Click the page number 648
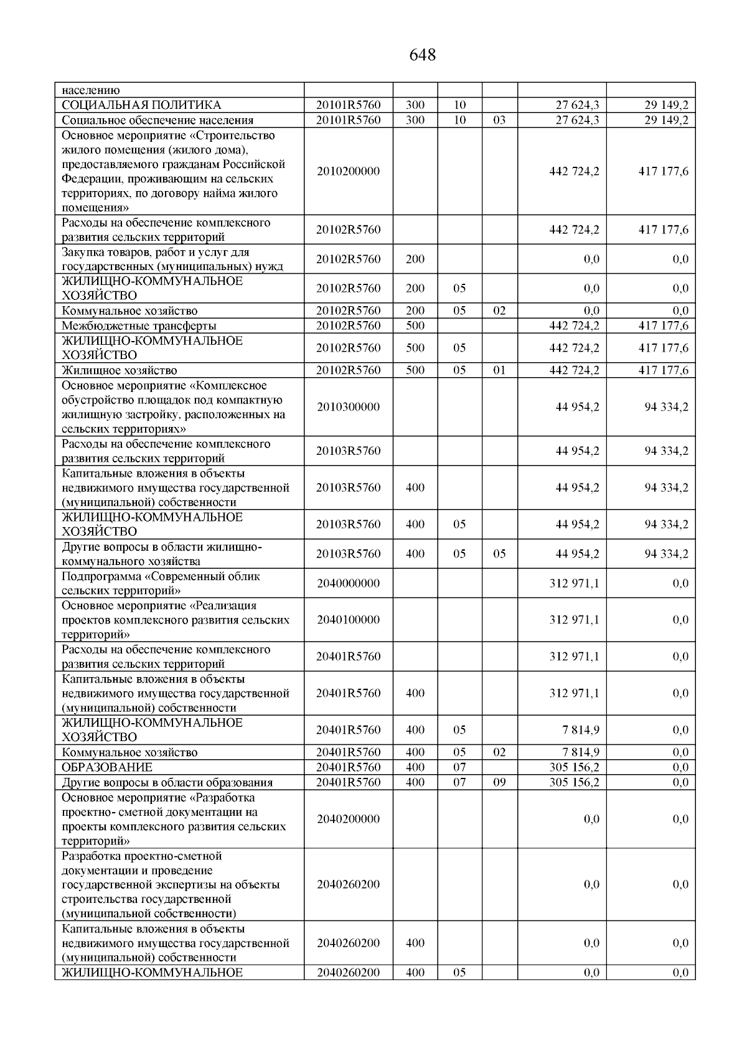click(x=423, y=55)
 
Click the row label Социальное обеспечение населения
click(x=157, y=120)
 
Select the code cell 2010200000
click(x=348, y=171)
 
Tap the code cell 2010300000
click(x=348, y=407)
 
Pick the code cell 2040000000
click(x=348, y=583)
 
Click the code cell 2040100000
click(x=348, y=620)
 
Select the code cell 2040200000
click(x=348, y=819)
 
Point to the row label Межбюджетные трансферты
click(x=139, y=325)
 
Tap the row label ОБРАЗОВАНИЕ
click(x=106, y=767)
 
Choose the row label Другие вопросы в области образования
click(x=167, y=782)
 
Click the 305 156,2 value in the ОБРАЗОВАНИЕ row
click(x=574, y=767)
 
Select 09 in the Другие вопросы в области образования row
click(x=499, y=782)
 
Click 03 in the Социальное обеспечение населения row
click(x=499, y=120)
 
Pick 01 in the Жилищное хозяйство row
click(x=499, y=370)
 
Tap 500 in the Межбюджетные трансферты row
click(x=415, y=325)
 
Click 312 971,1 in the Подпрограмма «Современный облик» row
click(x=574, y=583)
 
